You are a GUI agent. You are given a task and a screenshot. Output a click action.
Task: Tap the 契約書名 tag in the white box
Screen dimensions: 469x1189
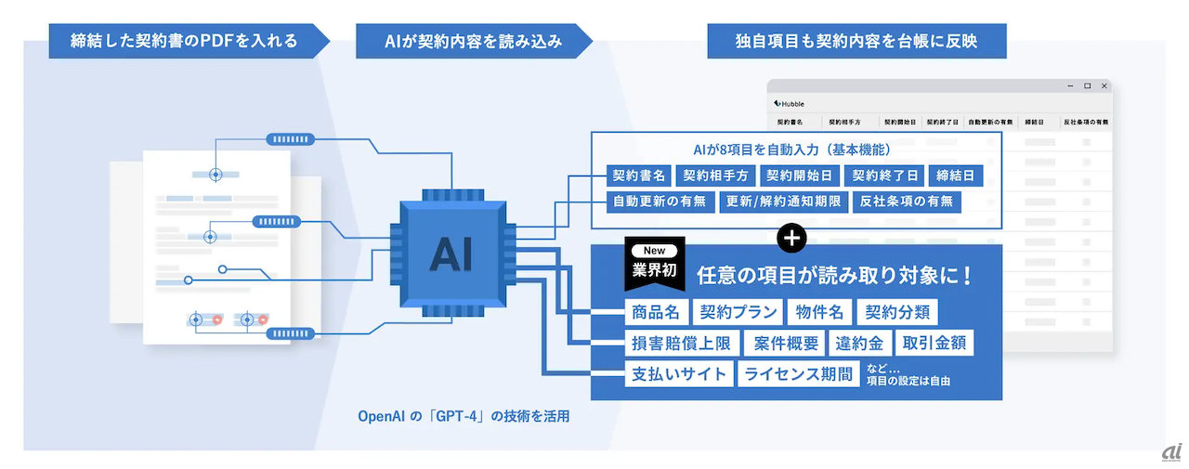637,175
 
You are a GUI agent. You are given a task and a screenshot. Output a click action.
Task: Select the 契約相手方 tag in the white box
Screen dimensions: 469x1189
715,175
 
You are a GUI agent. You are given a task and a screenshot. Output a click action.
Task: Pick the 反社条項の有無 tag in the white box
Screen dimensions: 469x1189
906,202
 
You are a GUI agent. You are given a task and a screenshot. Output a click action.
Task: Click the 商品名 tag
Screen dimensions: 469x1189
657,311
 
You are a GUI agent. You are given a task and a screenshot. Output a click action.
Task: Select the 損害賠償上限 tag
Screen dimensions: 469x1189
682,343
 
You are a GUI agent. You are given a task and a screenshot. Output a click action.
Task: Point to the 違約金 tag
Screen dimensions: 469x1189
860,343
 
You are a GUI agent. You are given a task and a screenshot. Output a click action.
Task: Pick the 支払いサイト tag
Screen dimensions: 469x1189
679,374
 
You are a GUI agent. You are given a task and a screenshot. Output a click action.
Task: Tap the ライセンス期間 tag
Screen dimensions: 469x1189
797,374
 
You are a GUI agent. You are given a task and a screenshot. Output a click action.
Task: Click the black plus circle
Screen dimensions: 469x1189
792,238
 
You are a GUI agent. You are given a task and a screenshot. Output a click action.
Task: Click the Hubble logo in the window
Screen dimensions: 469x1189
789,103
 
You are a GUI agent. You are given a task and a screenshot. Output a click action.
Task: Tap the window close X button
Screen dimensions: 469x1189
1104,85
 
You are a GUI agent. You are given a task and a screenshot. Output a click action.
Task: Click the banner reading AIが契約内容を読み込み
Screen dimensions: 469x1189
473,41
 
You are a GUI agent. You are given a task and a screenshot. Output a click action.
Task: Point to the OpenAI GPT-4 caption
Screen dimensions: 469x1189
464,416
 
